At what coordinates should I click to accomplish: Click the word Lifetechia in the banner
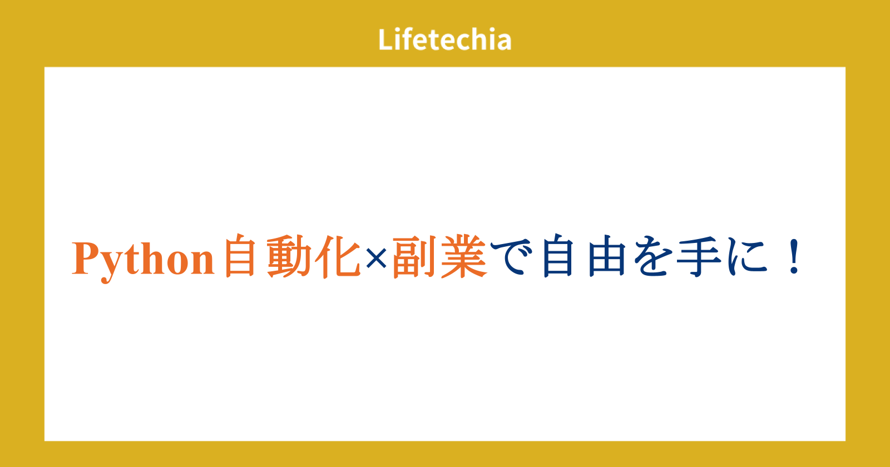[444, 39]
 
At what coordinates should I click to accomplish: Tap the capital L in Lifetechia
[385, 39]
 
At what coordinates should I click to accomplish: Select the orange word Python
[143, 260]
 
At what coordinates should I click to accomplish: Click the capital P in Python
[85, 257]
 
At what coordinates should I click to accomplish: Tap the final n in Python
[202, 262]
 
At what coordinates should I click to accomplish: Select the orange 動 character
[289, 256]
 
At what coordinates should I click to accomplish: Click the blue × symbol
[376, 259]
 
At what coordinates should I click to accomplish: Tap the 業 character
[464, 256]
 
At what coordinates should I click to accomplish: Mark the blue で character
[511, 256]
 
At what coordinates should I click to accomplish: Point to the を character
[653, 256]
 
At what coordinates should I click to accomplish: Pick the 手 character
[699, 256]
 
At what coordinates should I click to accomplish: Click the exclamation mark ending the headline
[795, 256]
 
